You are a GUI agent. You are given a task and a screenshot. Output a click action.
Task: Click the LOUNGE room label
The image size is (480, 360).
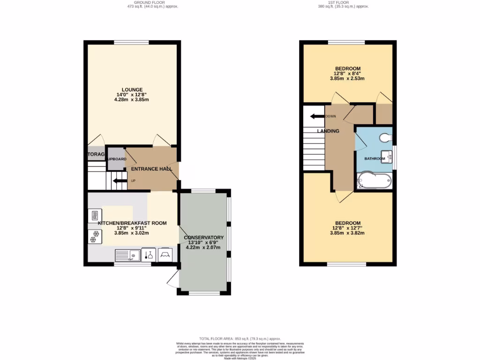tap(132, 90)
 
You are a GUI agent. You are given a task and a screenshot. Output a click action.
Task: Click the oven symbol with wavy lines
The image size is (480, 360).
tap(92, 216)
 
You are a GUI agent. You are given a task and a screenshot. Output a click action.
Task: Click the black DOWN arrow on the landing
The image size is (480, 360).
tap(317, 116)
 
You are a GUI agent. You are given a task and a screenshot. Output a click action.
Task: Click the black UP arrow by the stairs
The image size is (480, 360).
tap(120, 180)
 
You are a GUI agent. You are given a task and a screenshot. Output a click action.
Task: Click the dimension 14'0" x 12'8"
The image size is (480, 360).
tap(132, 95)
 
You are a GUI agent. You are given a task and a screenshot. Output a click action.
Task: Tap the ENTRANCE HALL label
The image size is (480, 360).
tap(151, 169)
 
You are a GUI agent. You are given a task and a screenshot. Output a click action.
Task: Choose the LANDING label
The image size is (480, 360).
tap(328, 131)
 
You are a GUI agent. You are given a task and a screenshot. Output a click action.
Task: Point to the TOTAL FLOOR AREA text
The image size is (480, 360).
tap(240, 338)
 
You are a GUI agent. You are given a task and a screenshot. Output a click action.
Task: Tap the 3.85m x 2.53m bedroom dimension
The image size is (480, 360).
tap(347, 78)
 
